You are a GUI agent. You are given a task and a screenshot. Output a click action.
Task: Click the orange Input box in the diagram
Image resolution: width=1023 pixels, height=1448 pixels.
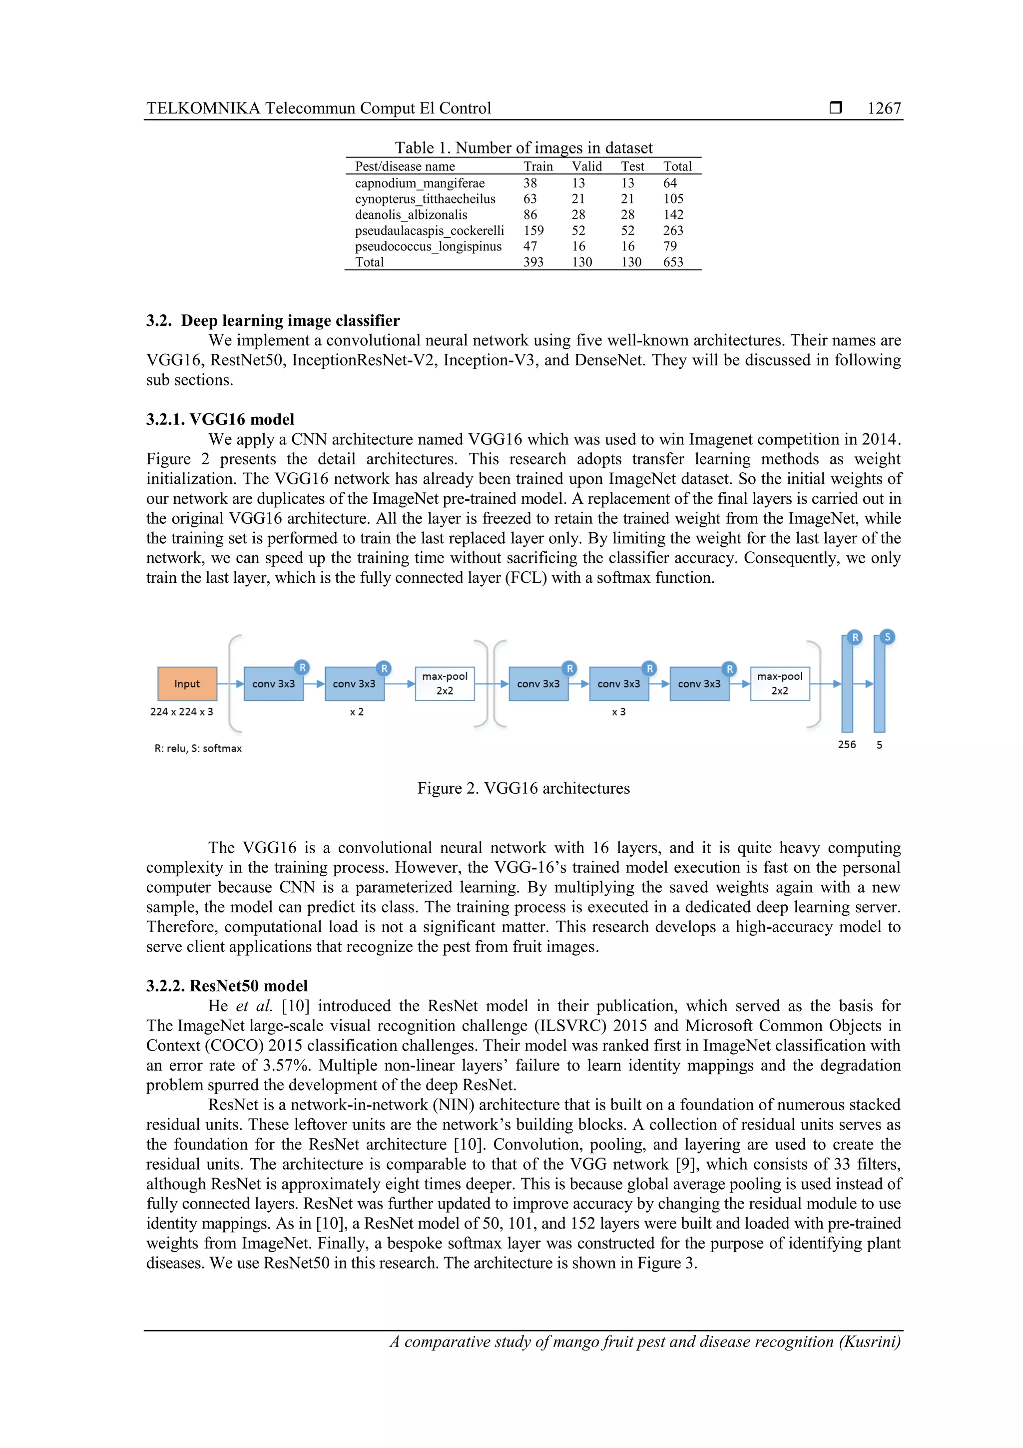pos(187,684)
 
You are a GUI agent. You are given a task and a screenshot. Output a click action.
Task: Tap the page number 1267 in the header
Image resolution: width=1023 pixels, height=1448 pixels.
pos(884,108)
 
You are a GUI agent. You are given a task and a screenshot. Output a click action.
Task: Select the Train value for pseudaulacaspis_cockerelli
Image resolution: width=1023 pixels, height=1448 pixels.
pos(533,230)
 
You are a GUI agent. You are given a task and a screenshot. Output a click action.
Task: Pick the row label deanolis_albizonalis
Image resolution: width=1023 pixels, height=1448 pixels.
pos(411,214)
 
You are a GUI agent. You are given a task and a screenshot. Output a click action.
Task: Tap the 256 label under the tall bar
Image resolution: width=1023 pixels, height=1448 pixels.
pos(847,745)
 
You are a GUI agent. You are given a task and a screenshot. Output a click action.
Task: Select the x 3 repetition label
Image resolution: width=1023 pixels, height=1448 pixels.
pos(618,712)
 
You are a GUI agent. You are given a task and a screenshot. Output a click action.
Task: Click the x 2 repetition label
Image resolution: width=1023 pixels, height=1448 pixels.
pos(357,712)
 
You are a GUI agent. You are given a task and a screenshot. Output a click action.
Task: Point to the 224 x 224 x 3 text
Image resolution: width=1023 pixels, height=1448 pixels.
pos(181,712)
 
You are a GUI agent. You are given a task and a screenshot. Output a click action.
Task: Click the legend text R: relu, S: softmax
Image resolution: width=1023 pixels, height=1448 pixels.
pos(198,749)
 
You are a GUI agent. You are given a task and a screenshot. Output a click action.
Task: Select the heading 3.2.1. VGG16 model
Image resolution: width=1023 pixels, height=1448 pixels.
pos(220,419)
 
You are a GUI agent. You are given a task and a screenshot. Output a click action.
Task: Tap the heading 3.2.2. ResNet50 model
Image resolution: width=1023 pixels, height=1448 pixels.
pos(227,986)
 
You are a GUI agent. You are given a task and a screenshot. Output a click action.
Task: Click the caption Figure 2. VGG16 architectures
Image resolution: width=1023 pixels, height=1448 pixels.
pos(523,788)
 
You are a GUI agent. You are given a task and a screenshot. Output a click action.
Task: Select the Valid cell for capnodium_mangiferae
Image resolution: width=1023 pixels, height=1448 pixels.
pos(578,183)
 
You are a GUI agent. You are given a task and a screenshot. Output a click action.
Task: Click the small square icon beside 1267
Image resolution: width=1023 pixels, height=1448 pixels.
pos(835,108)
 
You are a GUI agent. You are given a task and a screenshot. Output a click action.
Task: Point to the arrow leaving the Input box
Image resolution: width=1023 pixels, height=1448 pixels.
pos(230,684)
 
